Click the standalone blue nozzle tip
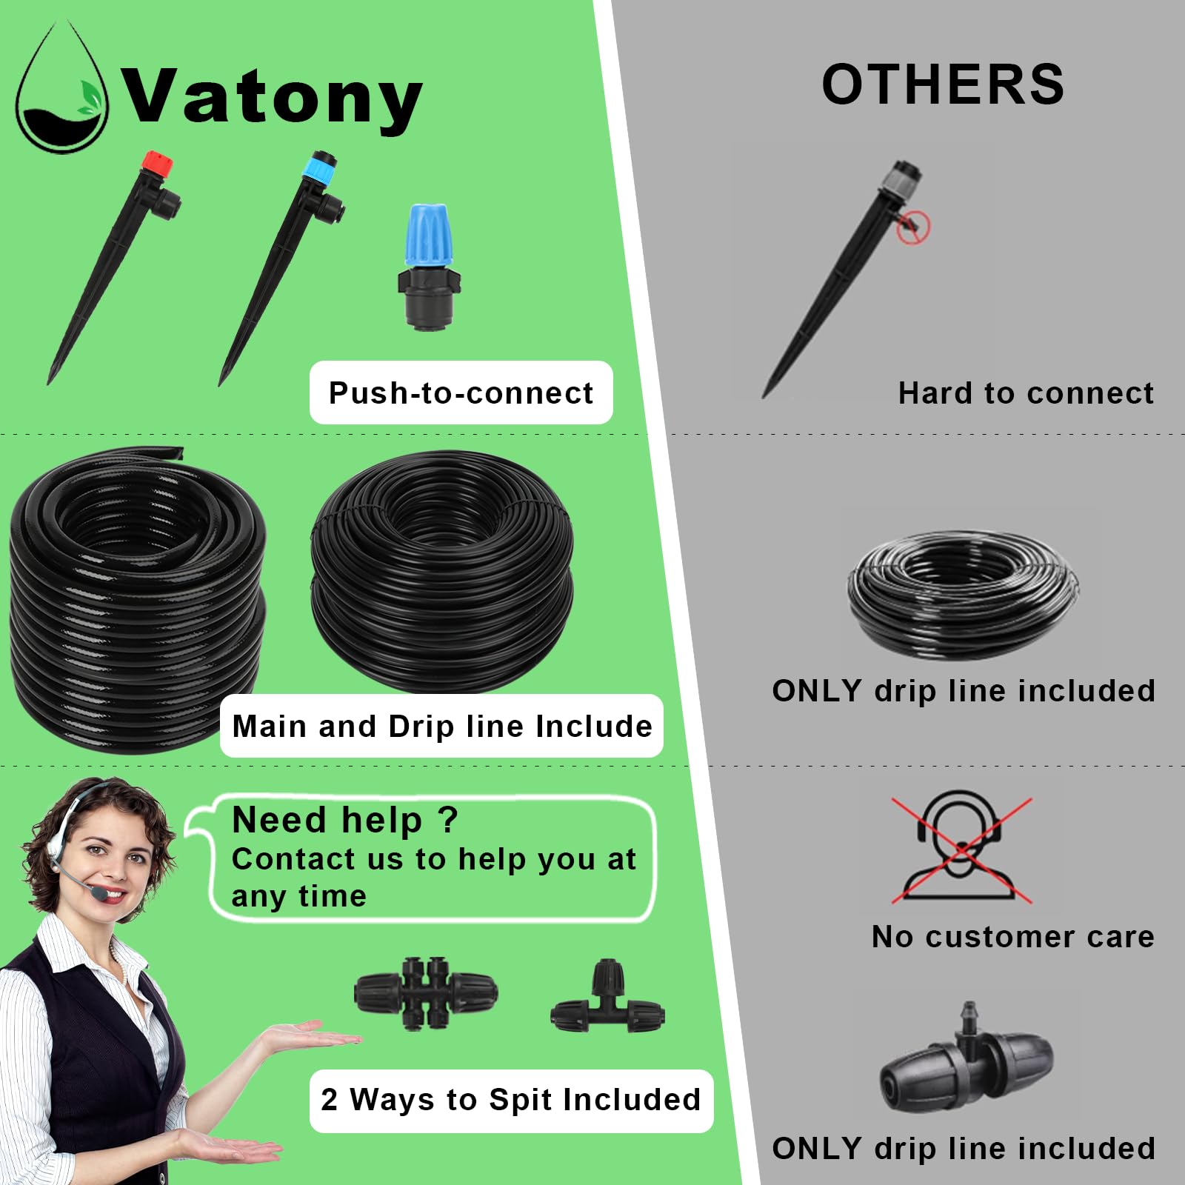coord(428,234)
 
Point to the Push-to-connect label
coord(461,393)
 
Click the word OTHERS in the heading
coord(943,84)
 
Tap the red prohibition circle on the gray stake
coord(913,226)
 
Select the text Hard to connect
coord(1026,393)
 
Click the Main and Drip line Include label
coord(441,726)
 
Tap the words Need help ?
coord(345,820)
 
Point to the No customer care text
coord(1012,937)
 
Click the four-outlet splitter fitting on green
coord(426,993)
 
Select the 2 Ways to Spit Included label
coord(511,1101)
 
